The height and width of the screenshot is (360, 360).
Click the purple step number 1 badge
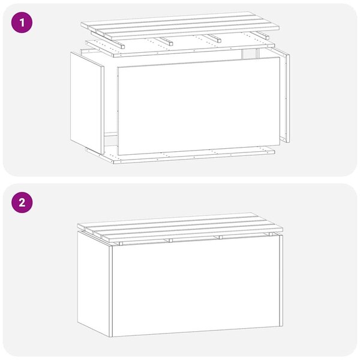pos(22,23)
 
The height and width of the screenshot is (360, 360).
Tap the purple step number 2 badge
pos(22,203)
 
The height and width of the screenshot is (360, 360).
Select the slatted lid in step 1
pos(180,24)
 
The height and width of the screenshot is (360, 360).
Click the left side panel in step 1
pos(87,103)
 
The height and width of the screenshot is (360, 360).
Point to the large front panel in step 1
pos(199,106)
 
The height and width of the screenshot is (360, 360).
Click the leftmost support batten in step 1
pos(119,43)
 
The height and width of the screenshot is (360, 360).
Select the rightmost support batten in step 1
pos(259,35)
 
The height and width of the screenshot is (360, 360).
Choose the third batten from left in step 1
pos(212,38)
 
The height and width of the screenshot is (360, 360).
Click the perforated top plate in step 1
pos(180,47)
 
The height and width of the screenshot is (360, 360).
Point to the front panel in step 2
pos(196,286)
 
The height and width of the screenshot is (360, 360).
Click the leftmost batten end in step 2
pos(121,244)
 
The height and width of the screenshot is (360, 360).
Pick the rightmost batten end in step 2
pos(271,234)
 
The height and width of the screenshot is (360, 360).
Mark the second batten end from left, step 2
pos(170,241)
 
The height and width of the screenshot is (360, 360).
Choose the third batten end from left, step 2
pos(220,237)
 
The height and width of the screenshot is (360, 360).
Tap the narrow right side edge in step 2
pos(281,281)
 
